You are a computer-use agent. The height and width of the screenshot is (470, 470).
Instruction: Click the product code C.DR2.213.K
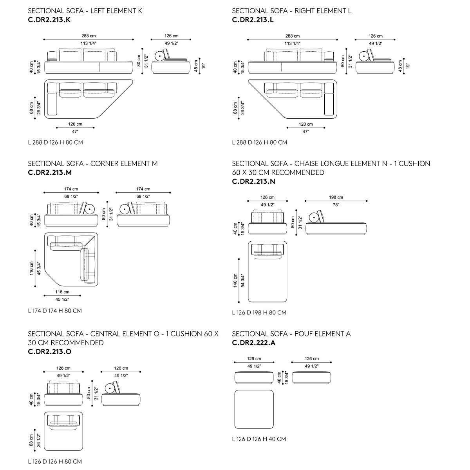[49, 20]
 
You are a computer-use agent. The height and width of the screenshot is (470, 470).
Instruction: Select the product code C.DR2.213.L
[253, 20]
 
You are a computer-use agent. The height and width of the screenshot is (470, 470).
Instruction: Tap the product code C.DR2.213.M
[50, 172]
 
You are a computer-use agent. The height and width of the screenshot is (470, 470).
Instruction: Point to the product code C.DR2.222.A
[254, 343]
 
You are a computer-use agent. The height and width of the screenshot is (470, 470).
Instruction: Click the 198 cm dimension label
[336, 197]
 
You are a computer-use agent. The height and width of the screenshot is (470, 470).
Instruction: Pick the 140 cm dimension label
[235, 280]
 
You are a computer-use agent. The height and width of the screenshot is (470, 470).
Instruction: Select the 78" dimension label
[336, 205]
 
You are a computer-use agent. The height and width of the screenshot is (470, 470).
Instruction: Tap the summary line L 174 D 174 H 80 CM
[55, 311]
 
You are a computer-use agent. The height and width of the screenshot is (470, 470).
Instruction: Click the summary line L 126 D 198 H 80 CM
[259, 313]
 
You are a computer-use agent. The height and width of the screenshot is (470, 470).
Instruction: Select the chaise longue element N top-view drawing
[268, 271]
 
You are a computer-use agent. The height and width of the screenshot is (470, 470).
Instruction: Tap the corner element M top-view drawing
[71, 259]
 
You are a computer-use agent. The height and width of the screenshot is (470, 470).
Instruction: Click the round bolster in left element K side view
[160, 56]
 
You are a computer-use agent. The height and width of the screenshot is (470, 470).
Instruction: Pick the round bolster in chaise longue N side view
[314, 217]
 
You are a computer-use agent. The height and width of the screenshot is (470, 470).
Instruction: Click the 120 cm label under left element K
[75, 124]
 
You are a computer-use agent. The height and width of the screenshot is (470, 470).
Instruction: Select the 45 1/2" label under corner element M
[62, 299]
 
